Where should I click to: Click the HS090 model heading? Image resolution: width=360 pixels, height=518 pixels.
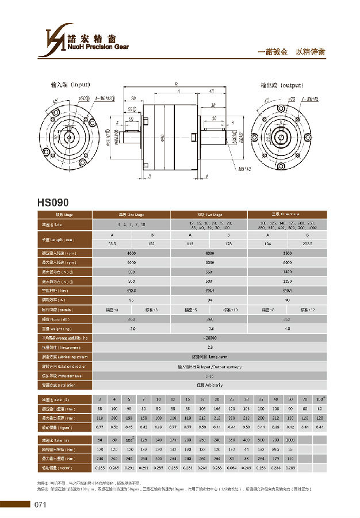click(x=53, y=202)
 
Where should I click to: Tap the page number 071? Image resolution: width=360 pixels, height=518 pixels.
click(x=40, y=505)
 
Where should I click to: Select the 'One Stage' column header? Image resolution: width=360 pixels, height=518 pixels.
click(x=132, y=215)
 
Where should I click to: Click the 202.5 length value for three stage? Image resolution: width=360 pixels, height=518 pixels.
click(x=307, y=243)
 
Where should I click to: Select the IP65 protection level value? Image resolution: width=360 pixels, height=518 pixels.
click(x=209, y=375)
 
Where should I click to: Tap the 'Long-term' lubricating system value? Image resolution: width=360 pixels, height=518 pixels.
click(x=209, y=357)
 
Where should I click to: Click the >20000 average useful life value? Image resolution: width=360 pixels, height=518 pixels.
click(x=209, y=338)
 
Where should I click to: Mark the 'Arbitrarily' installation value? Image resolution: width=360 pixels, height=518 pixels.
click(x=209, y=384)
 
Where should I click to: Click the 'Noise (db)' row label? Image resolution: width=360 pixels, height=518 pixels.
click(x=48, y=318)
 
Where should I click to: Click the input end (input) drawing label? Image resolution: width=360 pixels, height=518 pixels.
click(x=68, y=85)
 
